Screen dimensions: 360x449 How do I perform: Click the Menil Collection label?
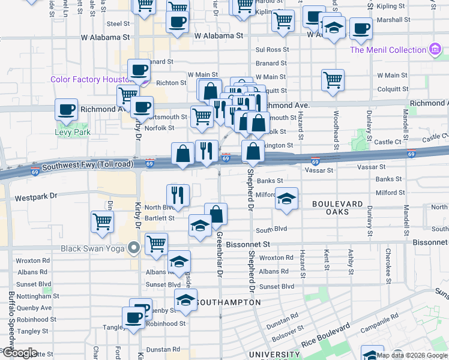point(388,50)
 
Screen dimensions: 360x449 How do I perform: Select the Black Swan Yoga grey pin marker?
point(134,248)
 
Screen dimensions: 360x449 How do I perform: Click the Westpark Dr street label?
point(35,196)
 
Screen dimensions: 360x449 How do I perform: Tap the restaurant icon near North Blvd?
point(178,193)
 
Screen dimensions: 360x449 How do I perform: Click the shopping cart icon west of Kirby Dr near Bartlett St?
point(103,221)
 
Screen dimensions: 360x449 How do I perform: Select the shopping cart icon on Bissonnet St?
point(156,243)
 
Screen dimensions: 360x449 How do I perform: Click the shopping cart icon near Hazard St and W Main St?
point(333,79)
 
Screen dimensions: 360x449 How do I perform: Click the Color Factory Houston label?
point(90,79)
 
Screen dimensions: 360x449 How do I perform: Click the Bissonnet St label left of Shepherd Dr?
point(249,245)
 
